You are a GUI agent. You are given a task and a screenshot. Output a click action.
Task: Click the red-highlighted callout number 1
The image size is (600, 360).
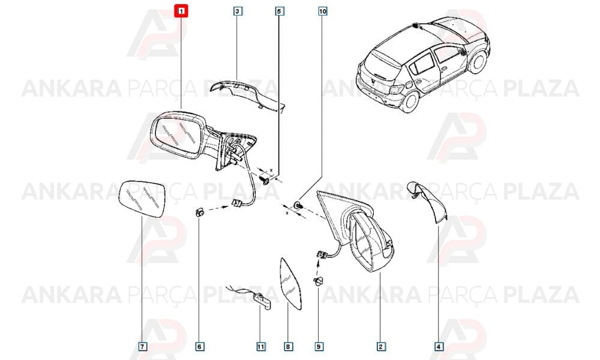(x=181, y=11)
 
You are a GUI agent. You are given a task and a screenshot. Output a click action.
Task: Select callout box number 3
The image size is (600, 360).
(x=237, y=11)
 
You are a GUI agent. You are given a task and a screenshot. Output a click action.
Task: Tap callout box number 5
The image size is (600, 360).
(x=278, y=11)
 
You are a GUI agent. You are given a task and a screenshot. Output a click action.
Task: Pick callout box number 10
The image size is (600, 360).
(x=323, y=11)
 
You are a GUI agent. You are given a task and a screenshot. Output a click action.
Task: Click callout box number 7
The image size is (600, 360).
(x=142, y=347)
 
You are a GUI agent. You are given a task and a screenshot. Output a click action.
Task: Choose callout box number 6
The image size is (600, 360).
(x=199, y=347)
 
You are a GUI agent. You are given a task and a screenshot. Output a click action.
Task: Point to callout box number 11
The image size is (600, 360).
(x=260, y=347)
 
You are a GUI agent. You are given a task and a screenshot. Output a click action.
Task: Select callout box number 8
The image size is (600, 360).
(x=288, y=347)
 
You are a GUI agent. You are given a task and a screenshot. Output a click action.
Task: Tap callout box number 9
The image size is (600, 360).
(x=319, y=347)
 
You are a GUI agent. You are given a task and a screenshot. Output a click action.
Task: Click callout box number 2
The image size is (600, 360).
(x=380, y=347)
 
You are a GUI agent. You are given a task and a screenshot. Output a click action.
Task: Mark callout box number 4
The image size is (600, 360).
(x=439, y=347)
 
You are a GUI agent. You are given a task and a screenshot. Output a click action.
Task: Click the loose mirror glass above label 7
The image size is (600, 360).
(x=142, y=199)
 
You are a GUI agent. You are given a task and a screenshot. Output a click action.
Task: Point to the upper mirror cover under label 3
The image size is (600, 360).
(x=249, y=94)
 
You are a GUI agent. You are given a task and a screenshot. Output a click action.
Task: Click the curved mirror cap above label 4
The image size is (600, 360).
(x=428, y=202)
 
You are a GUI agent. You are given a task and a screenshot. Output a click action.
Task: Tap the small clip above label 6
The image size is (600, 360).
(x=199, y=212)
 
